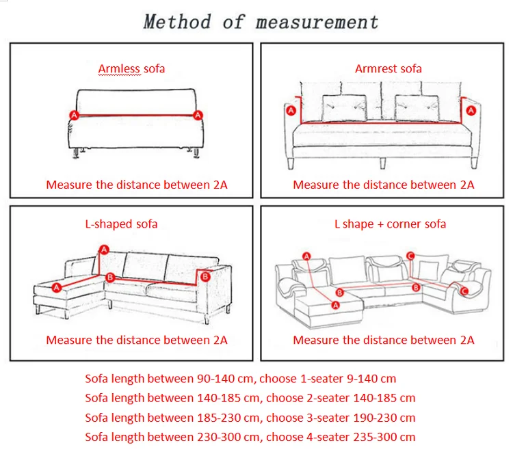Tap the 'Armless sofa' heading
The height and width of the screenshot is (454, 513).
tap(131, 68)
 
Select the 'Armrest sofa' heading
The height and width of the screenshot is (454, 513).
tap(388, 68)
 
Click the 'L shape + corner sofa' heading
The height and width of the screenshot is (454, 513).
tap(390, 224)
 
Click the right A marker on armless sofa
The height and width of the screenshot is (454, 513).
tap(198, 115)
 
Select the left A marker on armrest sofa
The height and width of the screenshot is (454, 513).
tap(290, 110)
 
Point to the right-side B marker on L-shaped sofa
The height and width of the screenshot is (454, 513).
tap(203, 276)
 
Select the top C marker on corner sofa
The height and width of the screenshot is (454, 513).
tap(410, 256)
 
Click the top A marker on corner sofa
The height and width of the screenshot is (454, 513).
tap(306, 256)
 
